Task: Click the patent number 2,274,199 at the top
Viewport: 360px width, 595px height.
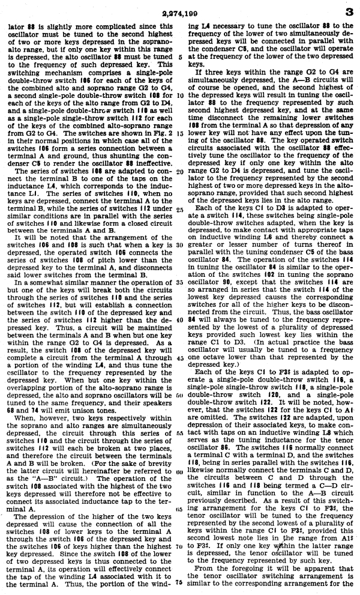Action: (179, 10)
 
